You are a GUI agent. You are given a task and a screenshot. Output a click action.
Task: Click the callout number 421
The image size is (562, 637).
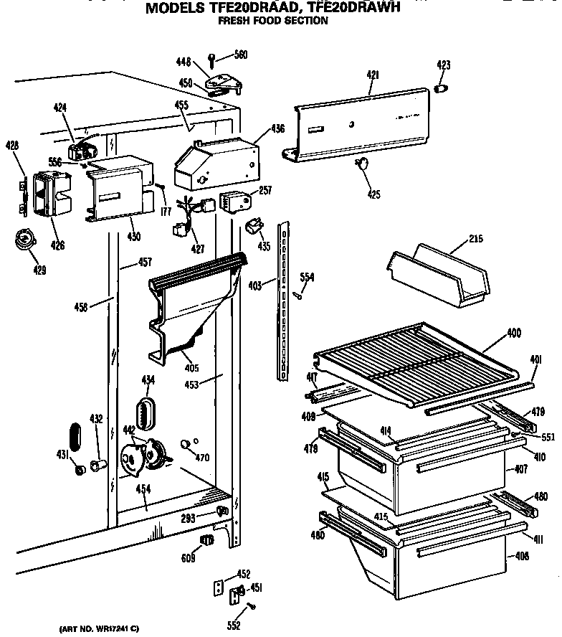coord(372,74)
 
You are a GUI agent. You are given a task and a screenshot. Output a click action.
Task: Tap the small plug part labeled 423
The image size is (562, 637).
coord(442,88)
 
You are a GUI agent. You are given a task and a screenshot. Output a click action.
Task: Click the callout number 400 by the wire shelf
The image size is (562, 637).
coord(513,334)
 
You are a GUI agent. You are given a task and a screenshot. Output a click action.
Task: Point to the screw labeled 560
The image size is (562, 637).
coord(213,57)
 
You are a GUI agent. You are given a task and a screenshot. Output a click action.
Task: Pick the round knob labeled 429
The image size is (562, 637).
coord(27,241)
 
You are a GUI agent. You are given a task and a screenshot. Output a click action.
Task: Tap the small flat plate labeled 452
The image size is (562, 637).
coord(220,587)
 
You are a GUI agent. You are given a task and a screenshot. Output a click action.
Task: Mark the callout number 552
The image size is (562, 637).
coord(234,626)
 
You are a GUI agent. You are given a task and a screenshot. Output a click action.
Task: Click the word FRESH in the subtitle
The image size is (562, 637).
coord(236,21)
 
